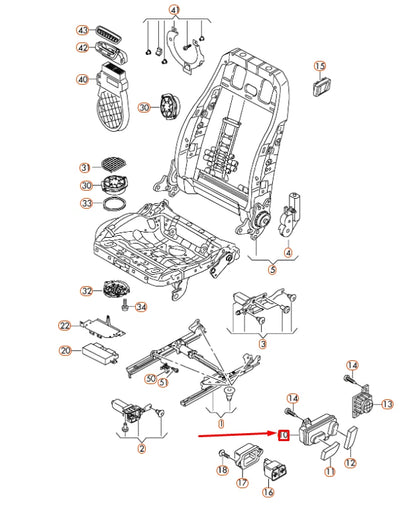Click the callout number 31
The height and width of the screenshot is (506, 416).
click(86, 166)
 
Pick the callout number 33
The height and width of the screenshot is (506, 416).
click(86, 204)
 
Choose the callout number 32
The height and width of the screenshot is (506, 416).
click(86, 292)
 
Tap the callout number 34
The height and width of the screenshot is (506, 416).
click(141, 307)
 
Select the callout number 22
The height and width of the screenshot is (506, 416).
click(64, 326)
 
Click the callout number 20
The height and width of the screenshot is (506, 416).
click(64, 351)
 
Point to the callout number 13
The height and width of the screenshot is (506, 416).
click(389, 403)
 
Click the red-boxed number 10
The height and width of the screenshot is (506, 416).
click(285, 436)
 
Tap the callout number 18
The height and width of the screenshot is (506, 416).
click(222, 470)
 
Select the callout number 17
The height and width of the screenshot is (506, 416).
click(242, 482)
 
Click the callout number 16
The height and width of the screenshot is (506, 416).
click(268, 491)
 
